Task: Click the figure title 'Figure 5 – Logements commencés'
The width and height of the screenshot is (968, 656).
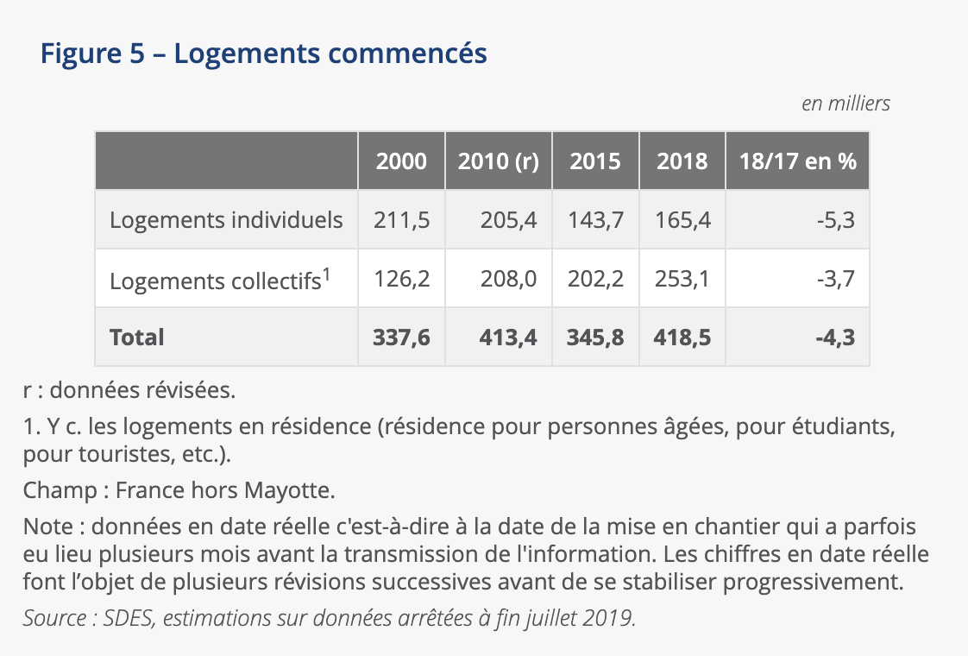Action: pos(263,54)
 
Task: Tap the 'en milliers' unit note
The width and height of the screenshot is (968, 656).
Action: pos(845,104)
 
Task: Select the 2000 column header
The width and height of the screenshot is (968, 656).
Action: pos(401,161)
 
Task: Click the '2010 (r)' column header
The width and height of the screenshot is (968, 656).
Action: pos(498,161)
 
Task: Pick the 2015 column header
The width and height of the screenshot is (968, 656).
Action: pos(595,161)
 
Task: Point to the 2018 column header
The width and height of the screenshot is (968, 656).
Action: pos(682,161)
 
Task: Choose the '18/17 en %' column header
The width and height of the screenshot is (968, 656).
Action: pos(797,161)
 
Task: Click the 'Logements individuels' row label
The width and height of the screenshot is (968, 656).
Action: pos(226,220)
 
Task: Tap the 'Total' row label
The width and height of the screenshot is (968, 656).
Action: pos(136,337)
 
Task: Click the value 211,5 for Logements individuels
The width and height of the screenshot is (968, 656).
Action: pos(401,220)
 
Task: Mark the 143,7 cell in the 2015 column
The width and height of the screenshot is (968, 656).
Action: pos(595,220)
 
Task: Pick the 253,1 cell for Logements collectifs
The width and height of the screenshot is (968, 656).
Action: pos(682,280)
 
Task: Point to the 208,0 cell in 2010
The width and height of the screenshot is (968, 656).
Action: pos(508,280)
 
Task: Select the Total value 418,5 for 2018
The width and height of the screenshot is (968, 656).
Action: pos(682,337)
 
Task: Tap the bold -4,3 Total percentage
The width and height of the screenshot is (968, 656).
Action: pos(834,337)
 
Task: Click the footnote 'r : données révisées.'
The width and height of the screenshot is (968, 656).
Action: pos(129,390)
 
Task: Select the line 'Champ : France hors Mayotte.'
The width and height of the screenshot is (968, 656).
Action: pos(179,491)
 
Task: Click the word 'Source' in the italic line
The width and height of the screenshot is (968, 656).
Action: pos(53,619)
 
